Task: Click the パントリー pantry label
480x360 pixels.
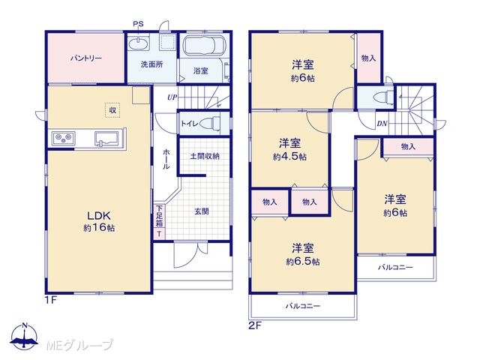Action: [86, 58]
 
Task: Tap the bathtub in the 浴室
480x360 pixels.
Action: [204, 45]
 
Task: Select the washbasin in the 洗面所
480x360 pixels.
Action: [139, 43]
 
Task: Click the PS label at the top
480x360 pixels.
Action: [138, 24]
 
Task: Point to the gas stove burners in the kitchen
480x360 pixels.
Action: [64, 138]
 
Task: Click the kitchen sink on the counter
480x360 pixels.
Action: [106, 139]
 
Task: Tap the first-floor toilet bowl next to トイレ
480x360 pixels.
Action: [211, 123]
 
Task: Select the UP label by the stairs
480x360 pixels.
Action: [172, 97]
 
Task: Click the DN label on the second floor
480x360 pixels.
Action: [382, 124]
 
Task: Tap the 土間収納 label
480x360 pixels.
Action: [205, 156]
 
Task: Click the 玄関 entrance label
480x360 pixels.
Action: [202, 211]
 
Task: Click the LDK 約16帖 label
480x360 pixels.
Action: [99, 222]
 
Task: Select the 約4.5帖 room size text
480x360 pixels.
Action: [289, 157]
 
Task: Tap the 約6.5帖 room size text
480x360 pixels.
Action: [303, 262]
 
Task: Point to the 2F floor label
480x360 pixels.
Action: [255, 325]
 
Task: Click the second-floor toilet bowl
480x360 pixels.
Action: [384, 97]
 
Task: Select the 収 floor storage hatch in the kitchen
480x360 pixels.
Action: [112, 110]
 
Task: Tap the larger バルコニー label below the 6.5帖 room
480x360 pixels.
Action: [303, 306]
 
